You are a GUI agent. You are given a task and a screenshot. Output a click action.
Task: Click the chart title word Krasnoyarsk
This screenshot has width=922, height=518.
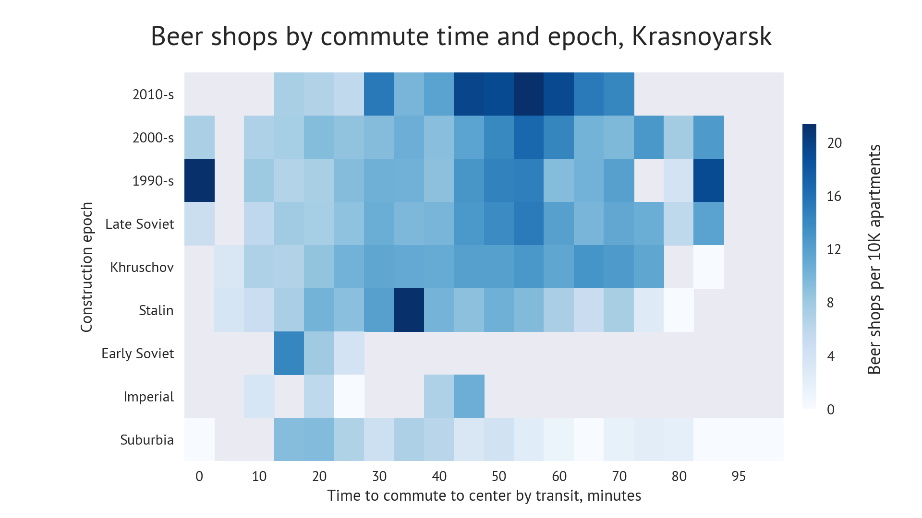701,36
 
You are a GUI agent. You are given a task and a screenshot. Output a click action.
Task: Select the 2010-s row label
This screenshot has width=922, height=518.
153,94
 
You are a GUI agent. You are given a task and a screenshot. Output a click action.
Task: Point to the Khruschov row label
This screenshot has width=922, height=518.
142,267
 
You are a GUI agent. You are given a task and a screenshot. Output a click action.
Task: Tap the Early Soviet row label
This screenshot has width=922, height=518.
137,353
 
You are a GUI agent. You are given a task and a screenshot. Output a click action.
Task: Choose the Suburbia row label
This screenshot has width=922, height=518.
146,440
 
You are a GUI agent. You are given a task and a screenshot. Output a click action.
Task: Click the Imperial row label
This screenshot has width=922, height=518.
148,397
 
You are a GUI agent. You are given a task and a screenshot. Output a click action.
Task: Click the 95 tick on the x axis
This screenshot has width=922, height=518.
739,476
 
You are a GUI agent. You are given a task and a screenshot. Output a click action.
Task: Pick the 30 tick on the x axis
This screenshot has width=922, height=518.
379,476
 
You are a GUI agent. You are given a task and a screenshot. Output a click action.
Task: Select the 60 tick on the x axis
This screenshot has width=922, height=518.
559,476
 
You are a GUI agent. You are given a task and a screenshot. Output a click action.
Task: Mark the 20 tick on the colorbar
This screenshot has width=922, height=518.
834,143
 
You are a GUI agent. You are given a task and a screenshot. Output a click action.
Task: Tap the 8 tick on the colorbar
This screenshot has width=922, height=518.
830,303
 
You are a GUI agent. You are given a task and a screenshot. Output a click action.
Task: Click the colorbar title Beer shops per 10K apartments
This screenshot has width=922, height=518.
874,259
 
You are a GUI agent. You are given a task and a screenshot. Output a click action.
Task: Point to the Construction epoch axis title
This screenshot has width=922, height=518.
86,267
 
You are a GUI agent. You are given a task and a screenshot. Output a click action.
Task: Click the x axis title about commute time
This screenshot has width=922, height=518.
484,495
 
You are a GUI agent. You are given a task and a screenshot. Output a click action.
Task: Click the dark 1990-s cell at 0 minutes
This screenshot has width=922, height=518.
199,180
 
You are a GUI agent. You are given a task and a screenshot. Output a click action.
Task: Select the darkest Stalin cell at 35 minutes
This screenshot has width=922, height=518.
409,310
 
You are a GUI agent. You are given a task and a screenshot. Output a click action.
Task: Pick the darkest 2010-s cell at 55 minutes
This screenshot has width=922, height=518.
529,94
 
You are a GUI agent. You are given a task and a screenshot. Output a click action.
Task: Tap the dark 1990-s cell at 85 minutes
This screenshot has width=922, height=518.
709,180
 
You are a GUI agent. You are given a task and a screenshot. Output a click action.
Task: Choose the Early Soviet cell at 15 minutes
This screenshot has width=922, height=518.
289,353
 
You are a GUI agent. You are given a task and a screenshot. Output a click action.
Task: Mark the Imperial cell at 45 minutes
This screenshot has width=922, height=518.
469,396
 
